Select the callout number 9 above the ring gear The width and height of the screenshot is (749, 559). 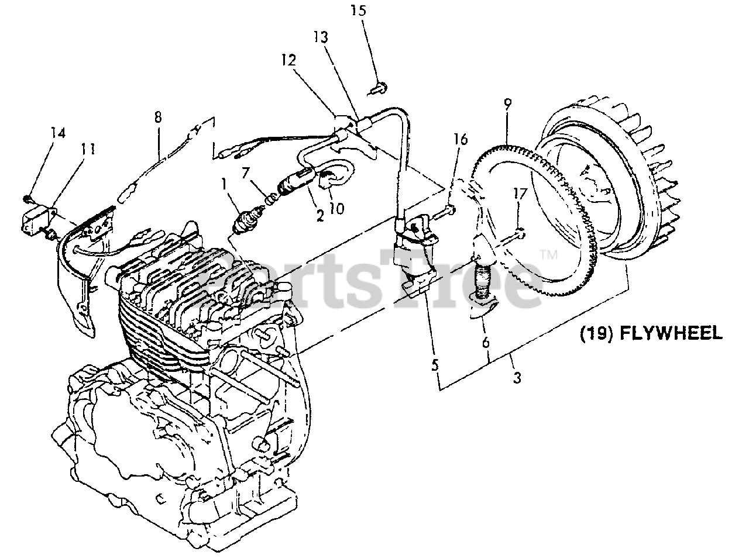[x=507, y=105]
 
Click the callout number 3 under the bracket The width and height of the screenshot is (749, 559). [x=517, y=378]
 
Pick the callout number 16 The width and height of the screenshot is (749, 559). [x=461, y=139]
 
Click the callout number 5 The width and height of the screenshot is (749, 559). [x=434, y=365]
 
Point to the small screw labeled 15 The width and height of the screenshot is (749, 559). [x=376, y=89]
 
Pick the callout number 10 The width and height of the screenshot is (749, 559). [x=336, y=208]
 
